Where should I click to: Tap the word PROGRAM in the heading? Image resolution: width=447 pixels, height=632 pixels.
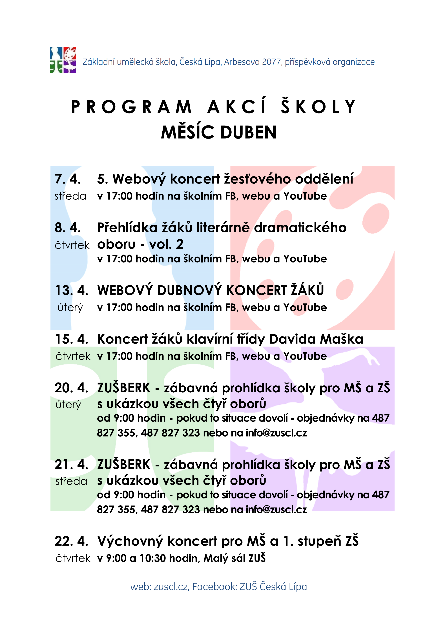tap(131, 107)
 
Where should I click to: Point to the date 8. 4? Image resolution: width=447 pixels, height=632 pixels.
tap(68, 228)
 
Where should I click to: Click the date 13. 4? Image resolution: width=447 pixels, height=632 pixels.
tap(72, 291)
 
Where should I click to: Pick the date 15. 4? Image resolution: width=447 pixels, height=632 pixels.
tap(72, 339)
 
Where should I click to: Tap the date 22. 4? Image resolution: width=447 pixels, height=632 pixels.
tap(71, 541)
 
